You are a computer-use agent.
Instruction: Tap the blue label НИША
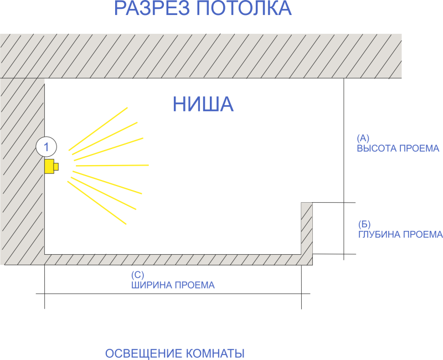pos(203,104)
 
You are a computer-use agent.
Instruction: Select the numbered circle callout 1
pos(47,147)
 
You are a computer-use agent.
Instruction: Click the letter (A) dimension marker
pos(363,137)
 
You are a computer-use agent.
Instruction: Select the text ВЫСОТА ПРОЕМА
pos(398,148)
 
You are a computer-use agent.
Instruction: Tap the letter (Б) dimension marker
pos(364,224)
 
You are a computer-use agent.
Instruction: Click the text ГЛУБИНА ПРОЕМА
pos(400,235)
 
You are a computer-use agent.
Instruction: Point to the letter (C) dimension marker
pos(138,275)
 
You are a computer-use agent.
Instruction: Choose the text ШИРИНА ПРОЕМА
pos(173,285)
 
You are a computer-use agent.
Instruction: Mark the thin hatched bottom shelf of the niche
pos(172,260)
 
